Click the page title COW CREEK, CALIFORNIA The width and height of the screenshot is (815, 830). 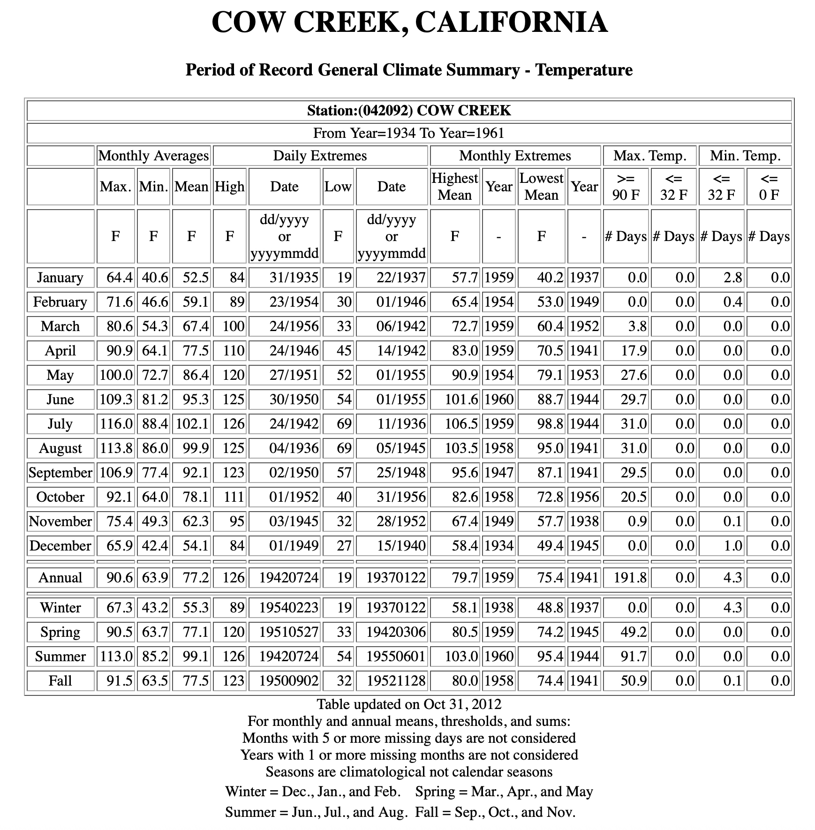coord(409,22)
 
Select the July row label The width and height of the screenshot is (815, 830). coord(60,424)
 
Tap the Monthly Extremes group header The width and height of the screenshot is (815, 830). coord(515,156)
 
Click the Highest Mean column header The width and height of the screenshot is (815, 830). coord(454,187)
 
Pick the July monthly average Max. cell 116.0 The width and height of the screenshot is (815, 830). coord(116,424)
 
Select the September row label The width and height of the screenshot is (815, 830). coord(60,473)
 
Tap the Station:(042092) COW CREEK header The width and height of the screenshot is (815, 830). coord(409,111)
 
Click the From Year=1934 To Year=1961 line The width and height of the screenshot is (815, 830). coord(409,133)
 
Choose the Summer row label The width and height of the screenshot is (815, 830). coord(60,656)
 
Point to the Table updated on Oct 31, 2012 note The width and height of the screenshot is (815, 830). coord(409,704)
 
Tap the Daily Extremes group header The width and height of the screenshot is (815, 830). coord(320,156)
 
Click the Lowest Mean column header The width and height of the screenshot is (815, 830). coord(541,187)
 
